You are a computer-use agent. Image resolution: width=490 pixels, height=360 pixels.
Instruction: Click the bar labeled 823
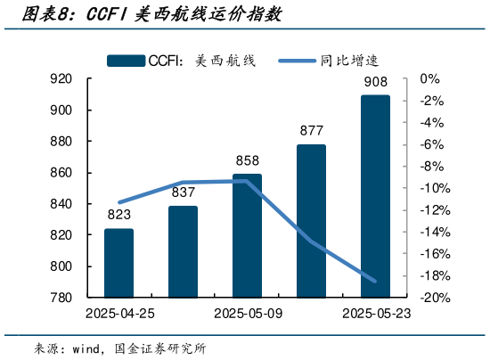point(118,263)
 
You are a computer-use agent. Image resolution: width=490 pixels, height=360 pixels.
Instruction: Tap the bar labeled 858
point(247,235)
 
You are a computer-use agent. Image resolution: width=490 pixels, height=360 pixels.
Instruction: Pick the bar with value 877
point(311,220)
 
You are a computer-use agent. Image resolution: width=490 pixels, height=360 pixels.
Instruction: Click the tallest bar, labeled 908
point(375,196)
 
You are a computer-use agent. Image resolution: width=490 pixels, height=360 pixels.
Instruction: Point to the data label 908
point(375,83)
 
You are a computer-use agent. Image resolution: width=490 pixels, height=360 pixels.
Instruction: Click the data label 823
point(118,215)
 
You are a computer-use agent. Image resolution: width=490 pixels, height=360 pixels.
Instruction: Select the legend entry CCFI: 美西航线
point(183,60)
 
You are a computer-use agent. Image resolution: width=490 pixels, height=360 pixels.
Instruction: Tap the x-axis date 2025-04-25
point(118,314)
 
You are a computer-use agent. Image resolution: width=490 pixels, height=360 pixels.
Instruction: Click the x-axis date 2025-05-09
point(247,314)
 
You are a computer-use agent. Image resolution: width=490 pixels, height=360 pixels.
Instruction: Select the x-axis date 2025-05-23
point(375,314)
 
